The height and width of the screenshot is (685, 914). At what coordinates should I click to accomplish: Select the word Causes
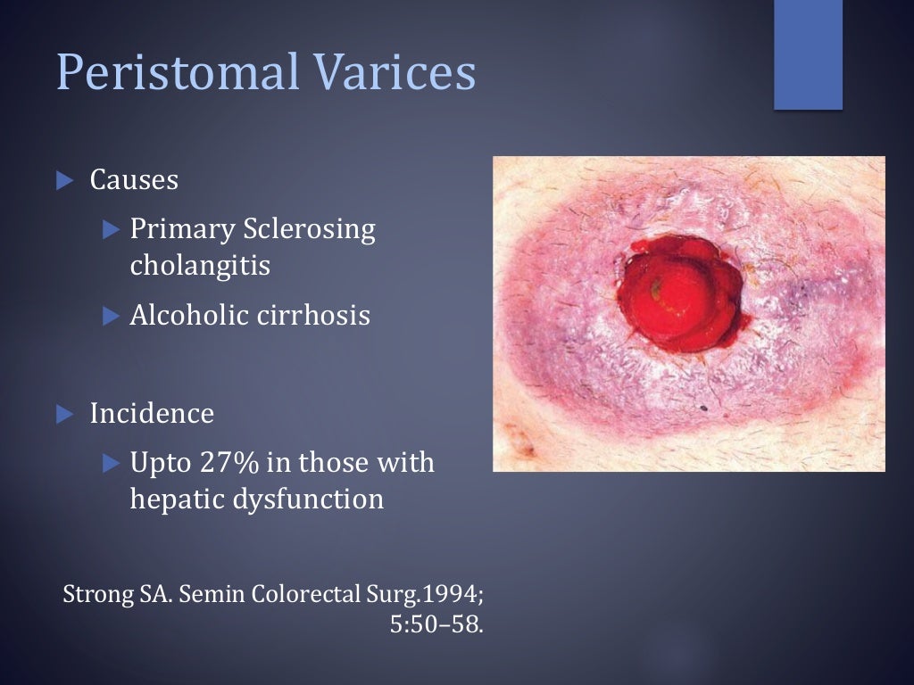[134, 180]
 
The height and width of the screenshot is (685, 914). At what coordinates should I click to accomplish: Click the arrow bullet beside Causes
[64, 180]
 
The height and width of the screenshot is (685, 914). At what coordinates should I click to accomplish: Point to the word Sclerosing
[309, 230]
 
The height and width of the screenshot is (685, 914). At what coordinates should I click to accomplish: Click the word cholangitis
[200, 266]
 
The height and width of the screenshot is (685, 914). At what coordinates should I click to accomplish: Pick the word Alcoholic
[184, 315]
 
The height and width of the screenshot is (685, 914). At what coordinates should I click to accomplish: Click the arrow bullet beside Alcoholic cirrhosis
[111, 315]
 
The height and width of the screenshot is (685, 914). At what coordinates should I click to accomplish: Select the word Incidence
[152, 414]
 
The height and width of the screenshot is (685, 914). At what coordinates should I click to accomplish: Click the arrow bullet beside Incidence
[64, 414]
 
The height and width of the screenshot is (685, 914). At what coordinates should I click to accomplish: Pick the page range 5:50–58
[436, 624]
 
